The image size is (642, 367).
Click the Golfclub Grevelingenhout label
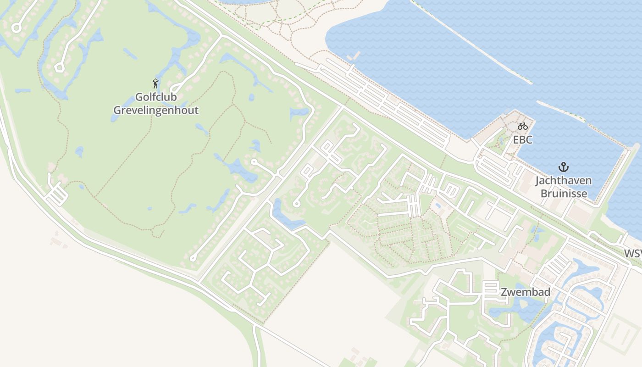point(156,104)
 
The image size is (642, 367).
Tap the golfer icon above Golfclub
point(155,83)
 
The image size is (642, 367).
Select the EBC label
point(523,140)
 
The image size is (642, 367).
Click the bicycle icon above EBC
point(523,126)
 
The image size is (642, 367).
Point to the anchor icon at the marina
point(563,167)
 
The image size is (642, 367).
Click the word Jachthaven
point(563,180)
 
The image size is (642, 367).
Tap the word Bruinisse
point(564,193)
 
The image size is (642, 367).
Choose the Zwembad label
point(526,292)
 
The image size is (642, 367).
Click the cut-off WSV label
point(633,253)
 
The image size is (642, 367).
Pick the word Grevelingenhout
point(156,110)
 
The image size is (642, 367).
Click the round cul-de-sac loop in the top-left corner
point(17,28)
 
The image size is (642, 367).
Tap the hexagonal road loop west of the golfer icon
point(59,68)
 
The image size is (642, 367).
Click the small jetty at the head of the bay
point(354,57)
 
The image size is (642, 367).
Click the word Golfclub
point(156,97)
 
